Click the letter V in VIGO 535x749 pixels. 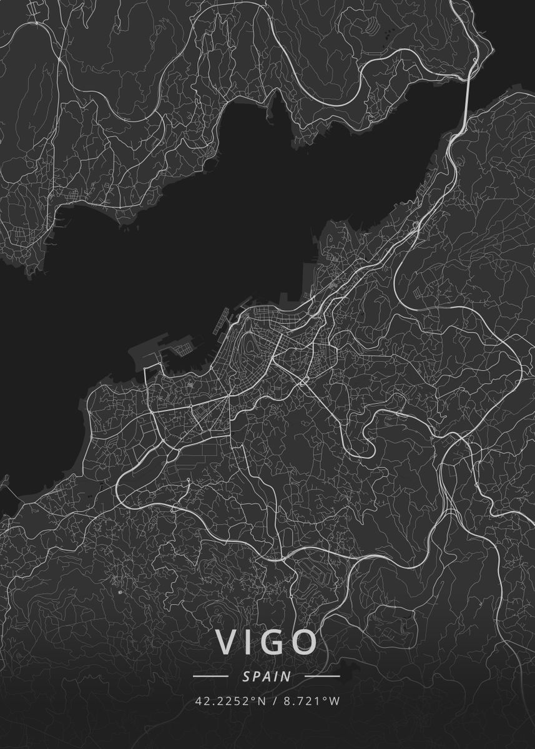click(x=228, y=642)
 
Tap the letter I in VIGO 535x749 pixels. click(x=251, y=642)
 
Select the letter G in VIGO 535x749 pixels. click(x=275, y=642)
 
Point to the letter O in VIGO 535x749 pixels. click(x=305, y=642)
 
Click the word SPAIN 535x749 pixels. click(x=267, y=676)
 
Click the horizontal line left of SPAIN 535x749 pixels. click(x=210, y=676)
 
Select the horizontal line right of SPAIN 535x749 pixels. click(x=322, y=676)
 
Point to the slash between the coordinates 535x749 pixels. click(x=275, y=701)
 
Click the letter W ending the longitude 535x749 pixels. click(x=335, y=701)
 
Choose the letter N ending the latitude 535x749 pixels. click(x=262, y=701)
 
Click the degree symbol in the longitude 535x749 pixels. click(x=325, y=698)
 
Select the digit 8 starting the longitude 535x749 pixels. click(x=288, y=701)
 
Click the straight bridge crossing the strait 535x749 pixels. click(x=467, y=94)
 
